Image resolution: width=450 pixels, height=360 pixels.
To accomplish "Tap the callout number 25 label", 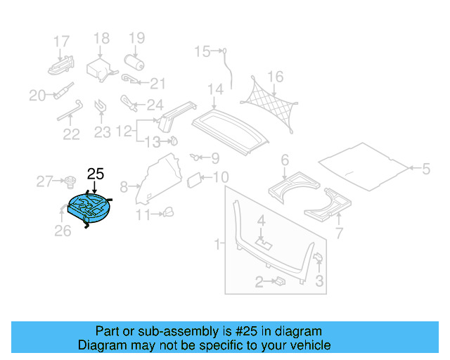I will point(95,174).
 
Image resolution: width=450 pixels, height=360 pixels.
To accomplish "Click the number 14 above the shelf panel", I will point(214,89).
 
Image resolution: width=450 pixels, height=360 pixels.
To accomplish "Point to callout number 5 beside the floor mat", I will point(425,169).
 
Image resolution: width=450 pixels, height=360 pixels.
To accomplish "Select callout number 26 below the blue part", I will point(63,230).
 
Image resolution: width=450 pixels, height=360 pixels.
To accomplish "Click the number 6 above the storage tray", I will point(285,160).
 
